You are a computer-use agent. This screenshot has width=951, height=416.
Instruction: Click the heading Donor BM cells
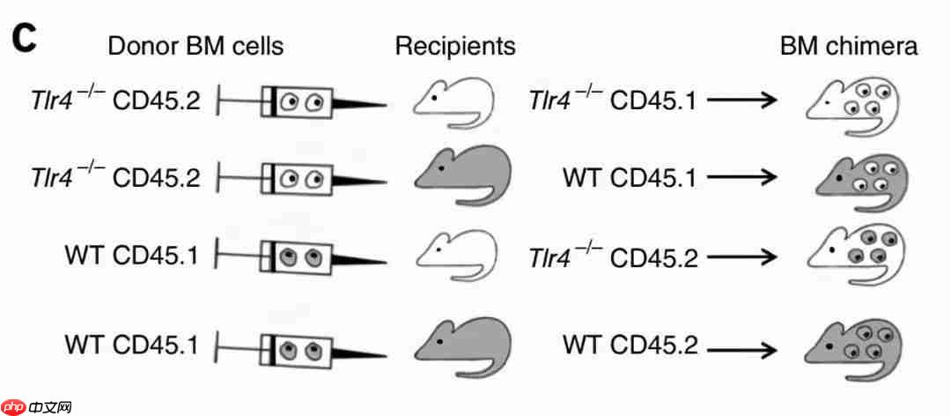195,46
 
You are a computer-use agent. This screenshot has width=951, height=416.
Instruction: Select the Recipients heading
454,46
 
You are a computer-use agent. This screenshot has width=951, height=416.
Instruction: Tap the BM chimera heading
848,46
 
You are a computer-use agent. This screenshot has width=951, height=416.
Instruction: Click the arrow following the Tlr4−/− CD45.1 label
741,102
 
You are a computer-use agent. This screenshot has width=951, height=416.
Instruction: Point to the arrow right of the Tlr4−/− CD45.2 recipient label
741,257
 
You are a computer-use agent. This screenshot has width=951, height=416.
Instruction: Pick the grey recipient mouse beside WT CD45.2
461,343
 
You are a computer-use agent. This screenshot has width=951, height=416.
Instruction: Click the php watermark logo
36,406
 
